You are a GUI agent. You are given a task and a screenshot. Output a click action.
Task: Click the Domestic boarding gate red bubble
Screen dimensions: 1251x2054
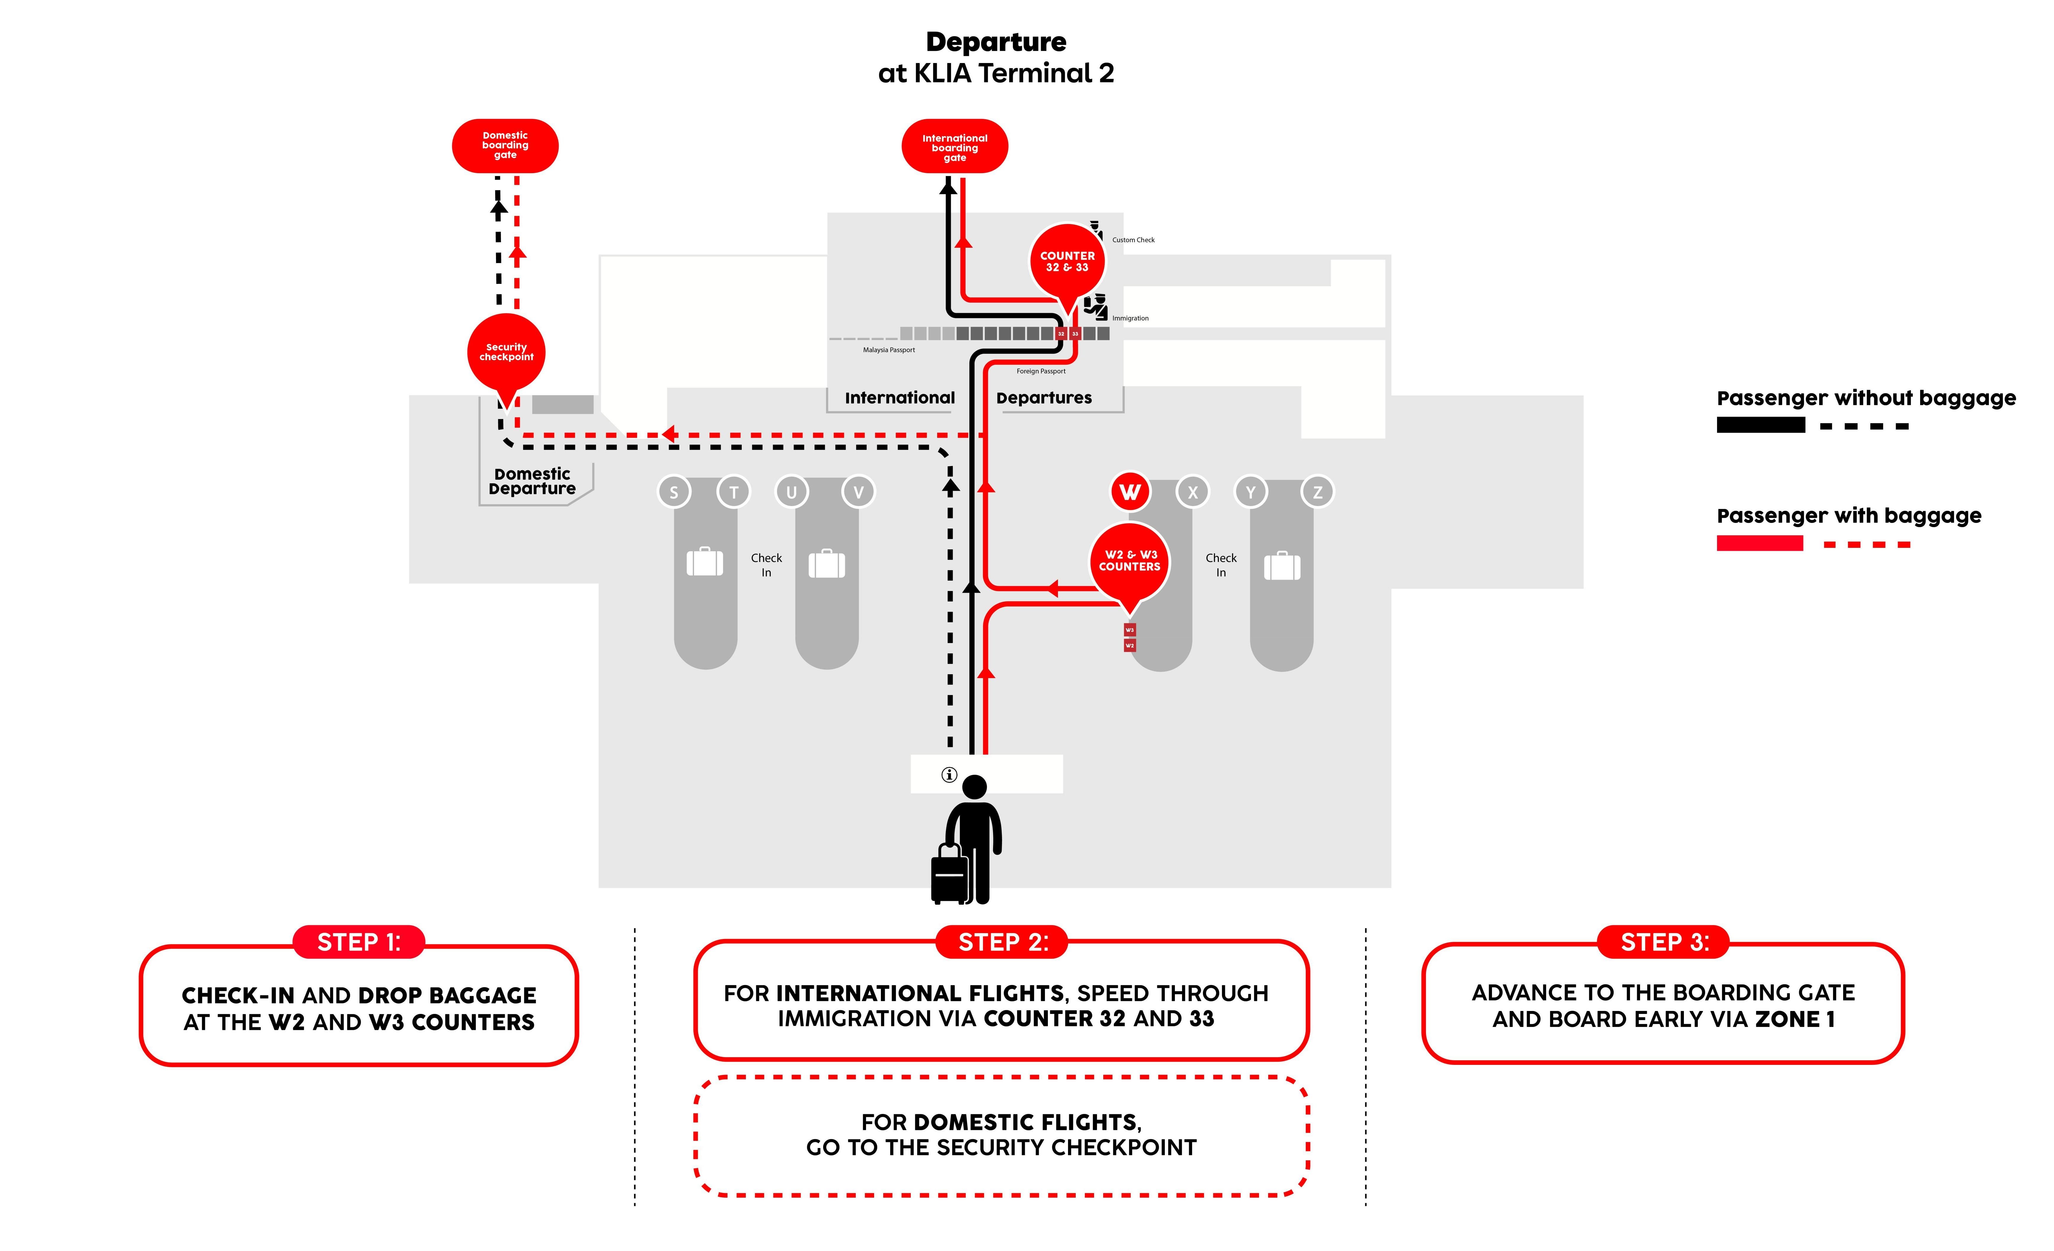(x=505, y=146)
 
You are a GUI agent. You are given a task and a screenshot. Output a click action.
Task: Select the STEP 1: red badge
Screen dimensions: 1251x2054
(x=359, y=942)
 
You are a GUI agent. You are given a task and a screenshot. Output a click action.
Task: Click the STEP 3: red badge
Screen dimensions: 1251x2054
(x=1664, y=942)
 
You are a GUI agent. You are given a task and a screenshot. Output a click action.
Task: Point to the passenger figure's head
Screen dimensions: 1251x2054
(x=974, y=787)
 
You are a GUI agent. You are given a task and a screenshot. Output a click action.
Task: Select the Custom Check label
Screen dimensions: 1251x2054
(x=1133, y=240)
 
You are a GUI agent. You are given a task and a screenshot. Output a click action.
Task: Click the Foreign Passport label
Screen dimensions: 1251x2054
(x=1040, y=371)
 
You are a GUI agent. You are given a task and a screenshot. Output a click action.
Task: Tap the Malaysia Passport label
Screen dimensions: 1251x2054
(x=889, y=350)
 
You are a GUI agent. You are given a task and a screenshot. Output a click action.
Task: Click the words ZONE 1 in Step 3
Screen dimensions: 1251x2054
(x=1795, y=1019)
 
